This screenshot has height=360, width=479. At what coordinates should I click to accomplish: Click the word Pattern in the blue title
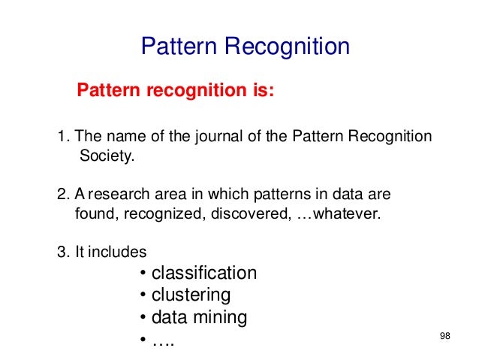177,47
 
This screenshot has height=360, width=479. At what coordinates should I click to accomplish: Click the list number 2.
62,195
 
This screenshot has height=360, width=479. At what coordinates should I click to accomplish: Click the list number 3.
62,252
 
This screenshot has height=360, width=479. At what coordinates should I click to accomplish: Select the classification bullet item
203,273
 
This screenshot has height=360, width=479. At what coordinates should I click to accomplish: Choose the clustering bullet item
191,295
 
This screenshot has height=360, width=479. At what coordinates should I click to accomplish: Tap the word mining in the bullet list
220,317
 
